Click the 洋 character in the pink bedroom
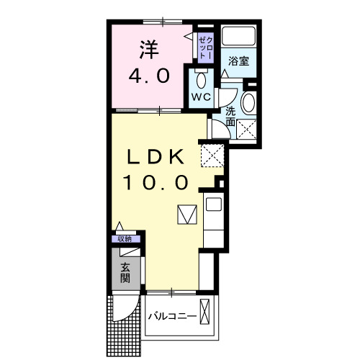tap(149, 50)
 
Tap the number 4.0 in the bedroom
tap(149, 75)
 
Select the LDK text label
tap(157, 157)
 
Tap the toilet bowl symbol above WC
tap(201, 78)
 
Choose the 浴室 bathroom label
tap(239, 61)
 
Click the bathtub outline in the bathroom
tap(238, 36)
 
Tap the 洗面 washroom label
tap(230, 117)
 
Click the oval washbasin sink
tap(248, 103)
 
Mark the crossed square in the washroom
tap(248, 130)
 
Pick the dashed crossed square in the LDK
tap(212, 154)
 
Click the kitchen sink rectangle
tap(214, 204)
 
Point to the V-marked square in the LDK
tap(186, 215)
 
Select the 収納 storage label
tap(125, 239)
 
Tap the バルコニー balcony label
tap(172, 316)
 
